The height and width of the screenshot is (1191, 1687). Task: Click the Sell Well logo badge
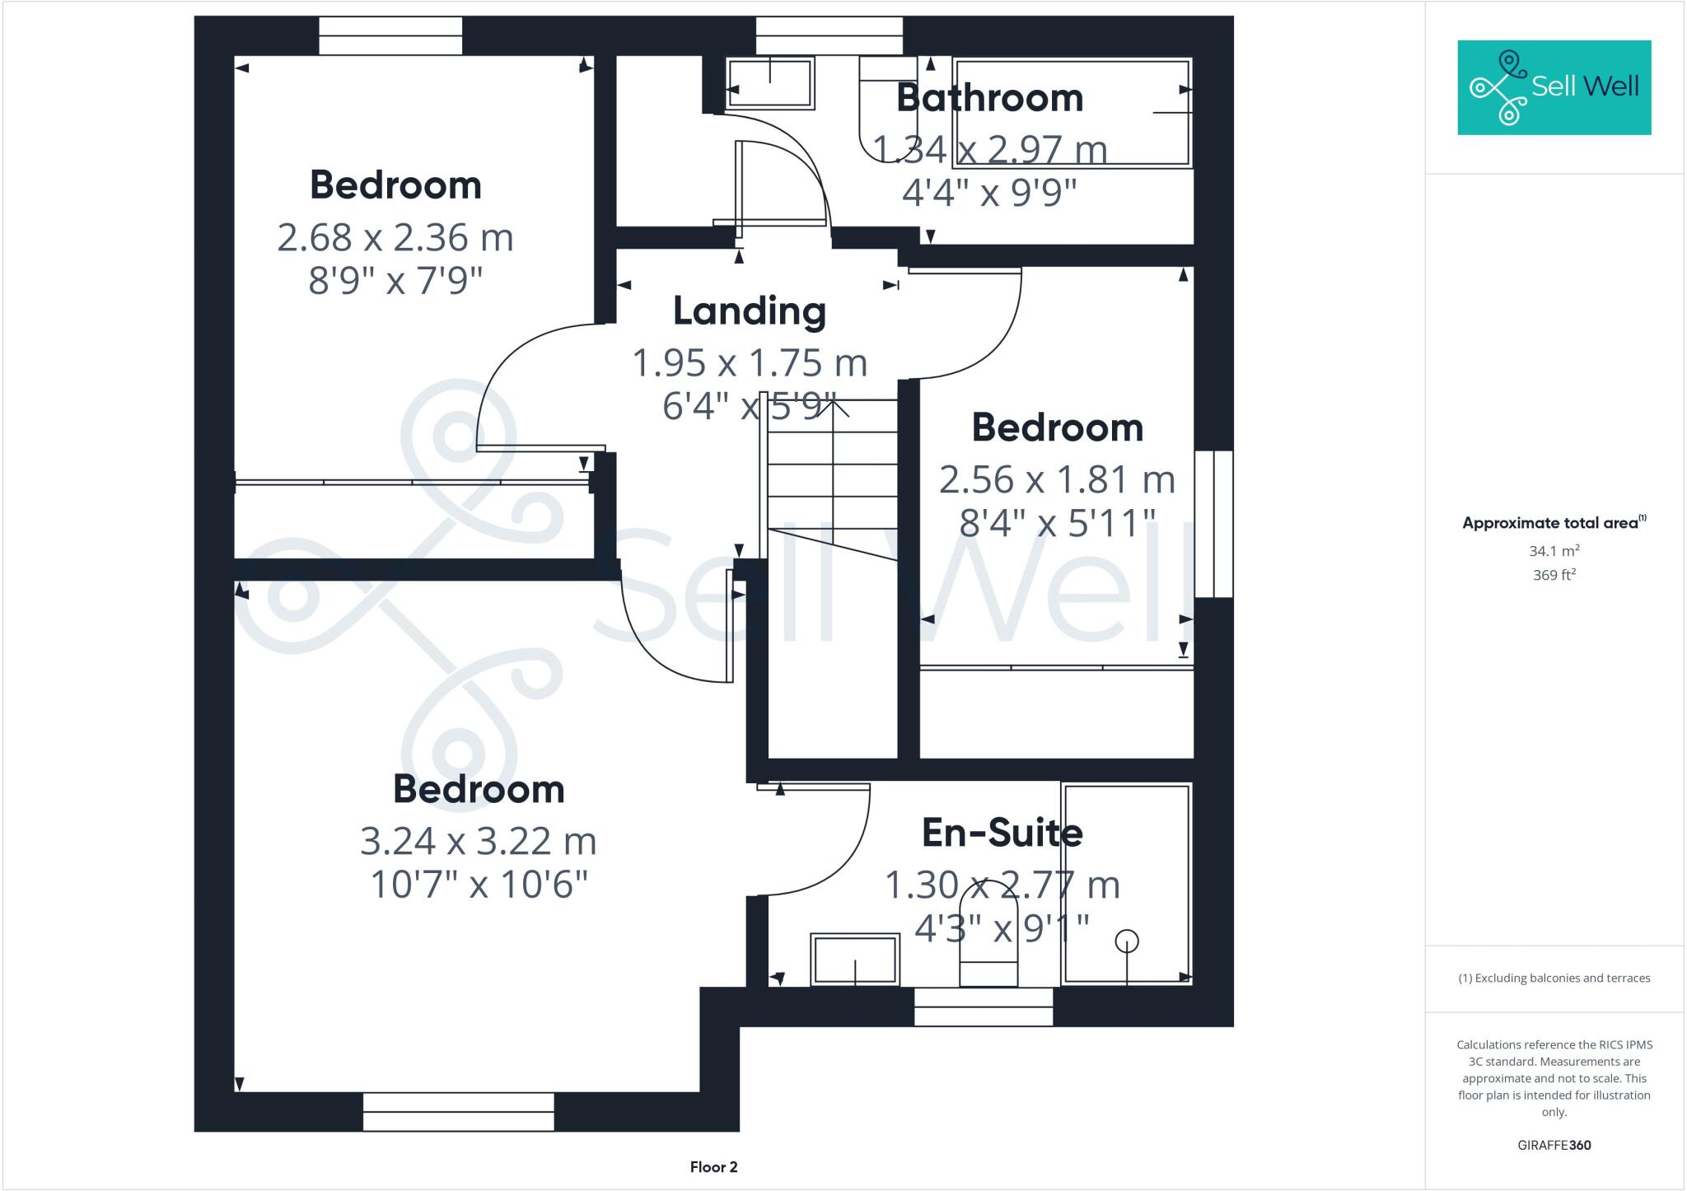1554,87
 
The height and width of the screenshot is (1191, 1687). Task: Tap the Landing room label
749,311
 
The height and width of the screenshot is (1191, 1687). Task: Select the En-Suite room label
1002,833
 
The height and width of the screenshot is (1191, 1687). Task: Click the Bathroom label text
989,98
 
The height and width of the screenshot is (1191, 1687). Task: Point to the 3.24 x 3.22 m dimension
478,842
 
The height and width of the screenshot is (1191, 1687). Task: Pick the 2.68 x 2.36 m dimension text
395,238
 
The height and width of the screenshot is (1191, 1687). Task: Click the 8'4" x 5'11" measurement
1058,523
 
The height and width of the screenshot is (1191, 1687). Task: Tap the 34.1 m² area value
1554,551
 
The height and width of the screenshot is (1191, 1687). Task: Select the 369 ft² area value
1554,575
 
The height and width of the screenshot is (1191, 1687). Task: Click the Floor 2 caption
713,1167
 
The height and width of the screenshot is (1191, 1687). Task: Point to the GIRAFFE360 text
1554,1145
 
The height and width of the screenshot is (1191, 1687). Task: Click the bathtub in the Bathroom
1071,113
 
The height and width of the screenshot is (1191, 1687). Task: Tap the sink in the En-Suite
854,959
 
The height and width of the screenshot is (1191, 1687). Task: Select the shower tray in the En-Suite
1126,884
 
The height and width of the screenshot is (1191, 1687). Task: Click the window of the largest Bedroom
458,1112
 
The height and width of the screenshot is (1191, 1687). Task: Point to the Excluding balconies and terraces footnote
1554,978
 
